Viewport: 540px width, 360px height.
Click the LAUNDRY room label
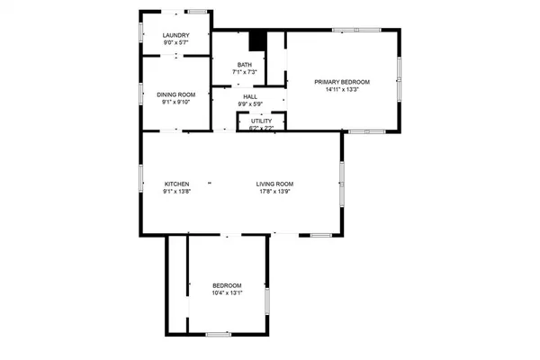pos(175,36)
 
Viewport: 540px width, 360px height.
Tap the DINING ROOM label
pos(175,94)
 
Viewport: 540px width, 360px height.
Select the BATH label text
pos(245,64)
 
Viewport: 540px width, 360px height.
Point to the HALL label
pos(250,96)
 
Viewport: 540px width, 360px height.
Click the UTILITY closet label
pos(262,121)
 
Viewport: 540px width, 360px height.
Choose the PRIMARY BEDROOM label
pos(342,82)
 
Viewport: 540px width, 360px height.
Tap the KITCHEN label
pos(175,184)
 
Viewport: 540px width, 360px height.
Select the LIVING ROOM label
pos(274,184)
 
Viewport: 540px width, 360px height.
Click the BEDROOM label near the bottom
pos(227,285)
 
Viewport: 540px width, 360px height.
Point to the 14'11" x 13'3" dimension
pos(342,89)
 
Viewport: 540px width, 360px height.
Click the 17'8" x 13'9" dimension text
pos(274,192)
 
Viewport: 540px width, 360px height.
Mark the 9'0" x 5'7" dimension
pos(175,43)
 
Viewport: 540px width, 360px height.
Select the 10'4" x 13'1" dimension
pos(227,292)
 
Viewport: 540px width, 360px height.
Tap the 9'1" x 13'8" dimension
pos(175,192)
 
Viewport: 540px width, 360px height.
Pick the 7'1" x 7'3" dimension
pos(245,72)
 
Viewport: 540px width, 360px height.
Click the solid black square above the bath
pos(257,41)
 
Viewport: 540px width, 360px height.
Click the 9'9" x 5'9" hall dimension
pos(250,103)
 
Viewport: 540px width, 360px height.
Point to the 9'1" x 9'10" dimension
pos(175,102)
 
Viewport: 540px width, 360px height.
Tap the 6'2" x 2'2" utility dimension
pos(262,128)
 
